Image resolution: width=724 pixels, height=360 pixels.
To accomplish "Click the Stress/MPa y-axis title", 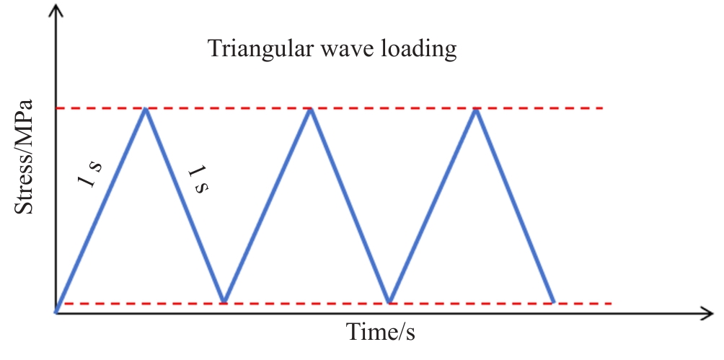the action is (x=24, y=157).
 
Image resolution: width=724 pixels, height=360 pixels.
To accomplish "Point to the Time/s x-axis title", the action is (x=381, y=332).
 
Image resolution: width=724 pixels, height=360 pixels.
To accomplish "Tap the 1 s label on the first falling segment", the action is (x=198, y=180).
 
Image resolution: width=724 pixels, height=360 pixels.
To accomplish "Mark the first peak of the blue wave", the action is (x=146, y=109).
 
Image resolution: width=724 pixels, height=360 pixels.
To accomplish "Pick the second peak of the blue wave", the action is (x=311, y=109).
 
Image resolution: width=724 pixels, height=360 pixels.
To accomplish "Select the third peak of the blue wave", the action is (x=476, y=109).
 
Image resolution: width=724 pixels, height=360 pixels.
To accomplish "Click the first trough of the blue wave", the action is (x=224, y=302).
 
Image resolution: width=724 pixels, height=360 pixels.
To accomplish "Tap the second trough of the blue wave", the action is (x=389, y=302).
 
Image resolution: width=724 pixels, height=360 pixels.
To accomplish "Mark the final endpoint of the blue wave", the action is (x=553, y=302).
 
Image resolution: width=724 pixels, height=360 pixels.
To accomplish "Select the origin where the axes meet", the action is (x=56, y=313).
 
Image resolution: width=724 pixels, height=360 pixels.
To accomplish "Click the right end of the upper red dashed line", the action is (x=603, y=108).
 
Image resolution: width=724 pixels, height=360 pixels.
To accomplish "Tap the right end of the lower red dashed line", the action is (x=611, y=304).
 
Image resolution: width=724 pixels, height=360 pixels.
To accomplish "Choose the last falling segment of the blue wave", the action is (x=514, y=205).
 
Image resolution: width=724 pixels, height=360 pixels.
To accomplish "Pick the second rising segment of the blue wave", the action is (x=268, y=205).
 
